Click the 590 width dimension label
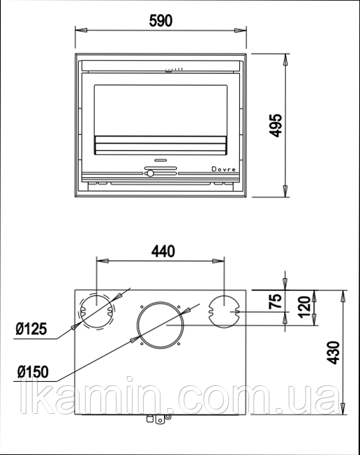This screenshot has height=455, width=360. coord(160,21)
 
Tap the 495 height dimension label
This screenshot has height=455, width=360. coord(276,126)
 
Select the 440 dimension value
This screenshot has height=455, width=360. coord(163,251)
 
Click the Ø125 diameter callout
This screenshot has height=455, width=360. coord(31,329)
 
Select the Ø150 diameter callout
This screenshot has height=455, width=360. coord(33,372)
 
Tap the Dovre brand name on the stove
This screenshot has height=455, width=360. coord(223,169)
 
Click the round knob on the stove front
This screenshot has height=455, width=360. coord(150,174)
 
